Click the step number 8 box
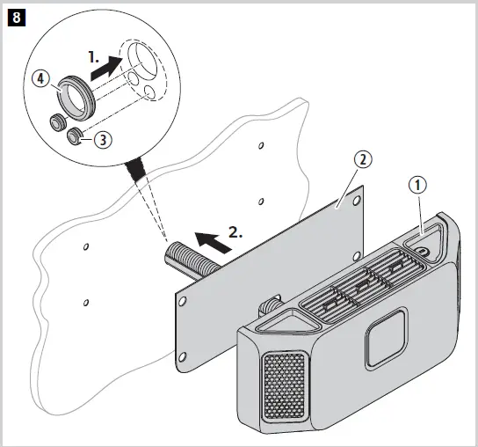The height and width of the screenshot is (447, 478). [16, 16]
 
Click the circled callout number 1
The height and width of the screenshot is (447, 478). [419, 187]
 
